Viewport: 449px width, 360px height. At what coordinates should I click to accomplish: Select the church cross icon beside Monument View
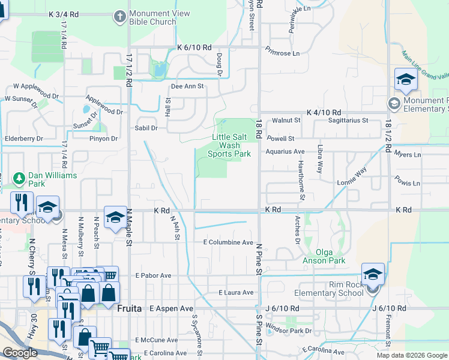point(121,17)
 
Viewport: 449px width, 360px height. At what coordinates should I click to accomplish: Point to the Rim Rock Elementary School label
point(329,289)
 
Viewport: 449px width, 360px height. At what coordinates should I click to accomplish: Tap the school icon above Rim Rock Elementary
point(373,274)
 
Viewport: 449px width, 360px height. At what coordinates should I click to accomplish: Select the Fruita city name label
point(130,308)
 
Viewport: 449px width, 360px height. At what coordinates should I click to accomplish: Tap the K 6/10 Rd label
point(194,47)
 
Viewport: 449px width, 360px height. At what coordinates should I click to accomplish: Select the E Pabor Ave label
point(154,275)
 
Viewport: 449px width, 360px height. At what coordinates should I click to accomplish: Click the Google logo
point(20,353)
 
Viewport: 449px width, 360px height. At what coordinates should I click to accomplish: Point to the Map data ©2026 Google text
point(412,355)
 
